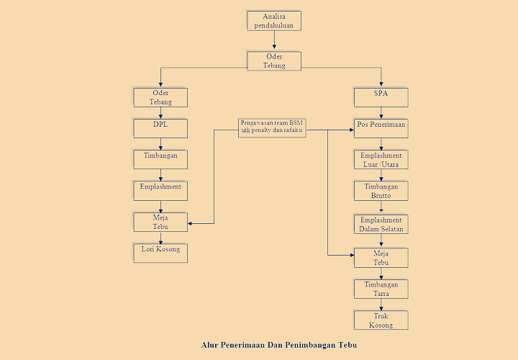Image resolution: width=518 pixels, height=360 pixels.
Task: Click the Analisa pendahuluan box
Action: point(274,20)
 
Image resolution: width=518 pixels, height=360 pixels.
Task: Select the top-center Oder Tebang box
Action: point(274,60)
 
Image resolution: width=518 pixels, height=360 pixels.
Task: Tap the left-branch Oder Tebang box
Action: point(160,97)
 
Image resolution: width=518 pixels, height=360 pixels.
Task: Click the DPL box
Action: point(160,128)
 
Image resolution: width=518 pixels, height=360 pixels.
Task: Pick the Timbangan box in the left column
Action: point(160,159)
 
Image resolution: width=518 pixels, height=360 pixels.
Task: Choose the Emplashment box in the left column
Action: point(160,190)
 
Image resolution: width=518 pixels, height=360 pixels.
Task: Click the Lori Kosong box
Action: point(160,253)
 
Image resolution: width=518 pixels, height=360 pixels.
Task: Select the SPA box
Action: point(381,97)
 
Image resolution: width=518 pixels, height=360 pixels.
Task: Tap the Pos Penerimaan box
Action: point(381,128)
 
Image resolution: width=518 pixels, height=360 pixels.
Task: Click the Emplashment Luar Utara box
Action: point(381,159)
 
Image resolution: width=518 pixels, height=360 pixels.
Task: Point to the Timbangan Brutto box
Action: point(381,191)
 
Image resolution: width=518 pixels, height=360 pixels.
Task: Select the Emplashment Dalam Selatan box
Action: point(381,224)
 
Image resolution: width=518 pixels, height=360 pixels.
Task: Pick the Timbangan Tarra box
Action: point(381,289)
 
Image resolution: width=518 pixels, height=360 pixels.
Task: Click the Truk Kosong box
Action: point(381,320)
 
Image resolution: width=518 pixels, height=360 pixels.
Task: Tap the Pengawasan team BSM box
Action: point(272,127)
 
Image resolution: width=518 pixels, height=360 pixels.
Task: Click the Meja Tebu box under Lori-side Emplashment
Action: point(160,222)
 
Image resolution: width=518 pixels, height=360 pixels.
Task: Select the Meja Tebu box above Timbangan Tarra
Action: point(381,258)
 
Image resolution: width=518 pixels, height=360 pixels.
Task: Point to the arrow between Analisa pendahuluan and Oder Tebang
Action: point(274,41)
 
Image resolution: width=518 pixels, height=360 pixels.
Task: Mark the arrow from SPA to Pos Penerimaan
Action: point(381,112)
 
